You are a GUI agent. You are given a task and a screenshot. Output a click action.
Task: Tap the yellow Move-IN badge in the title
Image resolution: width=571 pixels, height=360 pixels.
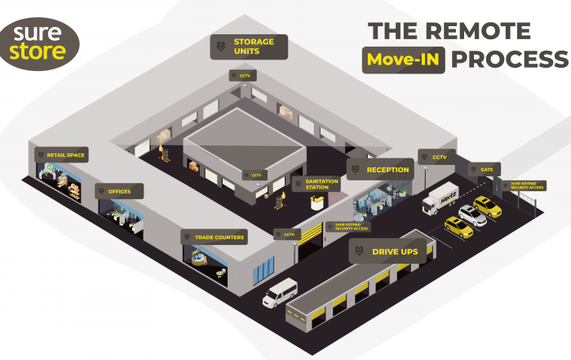[405, 60]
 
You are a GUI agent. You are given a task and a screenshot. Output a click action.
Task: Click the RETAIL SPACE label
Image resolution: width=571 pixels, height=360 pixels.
[60, 154]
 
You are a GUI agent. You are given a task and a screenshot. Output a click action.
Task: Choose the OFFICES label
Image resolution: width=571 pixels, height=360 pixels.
[119, 192]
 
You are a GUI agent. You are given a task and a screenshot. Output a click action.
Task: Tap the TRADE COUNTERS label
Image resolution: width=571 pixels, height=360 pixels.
[215, 238]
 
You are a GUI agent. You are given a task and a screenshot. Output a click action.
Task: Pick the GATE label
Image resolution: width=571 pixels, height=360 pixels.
[482, 170]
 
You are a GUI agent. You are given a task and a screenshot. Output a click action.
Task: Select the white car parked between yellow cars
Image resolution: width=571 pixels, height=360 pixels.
[471, 215]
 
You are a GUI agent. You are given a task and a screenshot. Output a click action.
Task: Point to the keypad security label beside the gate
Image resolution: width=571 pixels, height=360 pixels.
[526, 186]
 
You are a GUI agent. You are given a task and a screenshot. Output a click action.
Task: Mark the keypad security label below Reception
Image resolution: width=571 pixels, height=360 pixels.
[351, 227]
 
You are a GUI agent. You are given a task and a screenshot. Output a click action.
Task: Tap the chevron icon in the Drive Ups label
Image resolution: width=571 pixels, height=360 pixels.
[360, 252]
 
